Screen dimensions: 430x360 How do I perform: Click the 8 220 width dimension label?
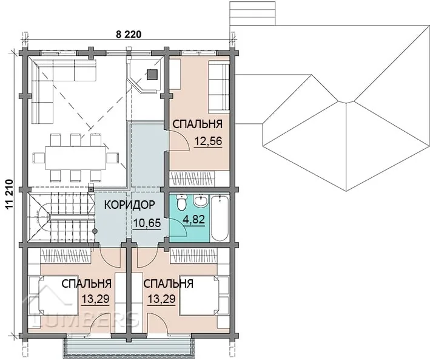[129, 35]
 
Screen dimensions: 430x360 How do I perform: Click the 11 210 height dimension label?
[9, 195]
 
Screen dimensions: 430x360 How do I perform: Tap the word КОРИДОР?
[129, 205]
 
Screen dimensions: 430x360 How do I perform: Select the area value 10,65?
[147, 223]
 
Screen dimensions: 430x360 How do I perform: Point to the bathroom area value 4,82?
[193, 220]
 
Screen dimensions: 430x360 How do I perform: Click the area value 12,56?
[208, 141]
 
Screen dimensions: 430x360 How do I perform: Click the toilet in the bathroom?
[181, 202]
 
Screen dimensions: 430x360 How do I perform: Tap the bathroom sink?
[201, 200]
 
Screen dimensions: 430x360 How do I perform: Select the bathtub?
[220, 219]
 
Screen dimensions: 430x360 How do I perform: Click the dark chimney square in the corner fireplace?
[152, 74]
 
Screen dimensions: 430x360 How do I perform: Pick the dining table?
[76, 158]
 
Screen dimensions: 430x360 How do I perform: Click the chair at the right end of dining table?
[113, 158]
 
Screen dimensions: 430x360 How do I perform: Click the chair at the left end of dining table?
[39, 158]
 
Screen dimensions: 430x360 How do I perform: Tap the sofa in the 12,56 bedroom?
[218, 87]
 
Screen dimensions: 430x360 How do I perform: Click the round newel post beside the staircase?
[95, 231]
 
